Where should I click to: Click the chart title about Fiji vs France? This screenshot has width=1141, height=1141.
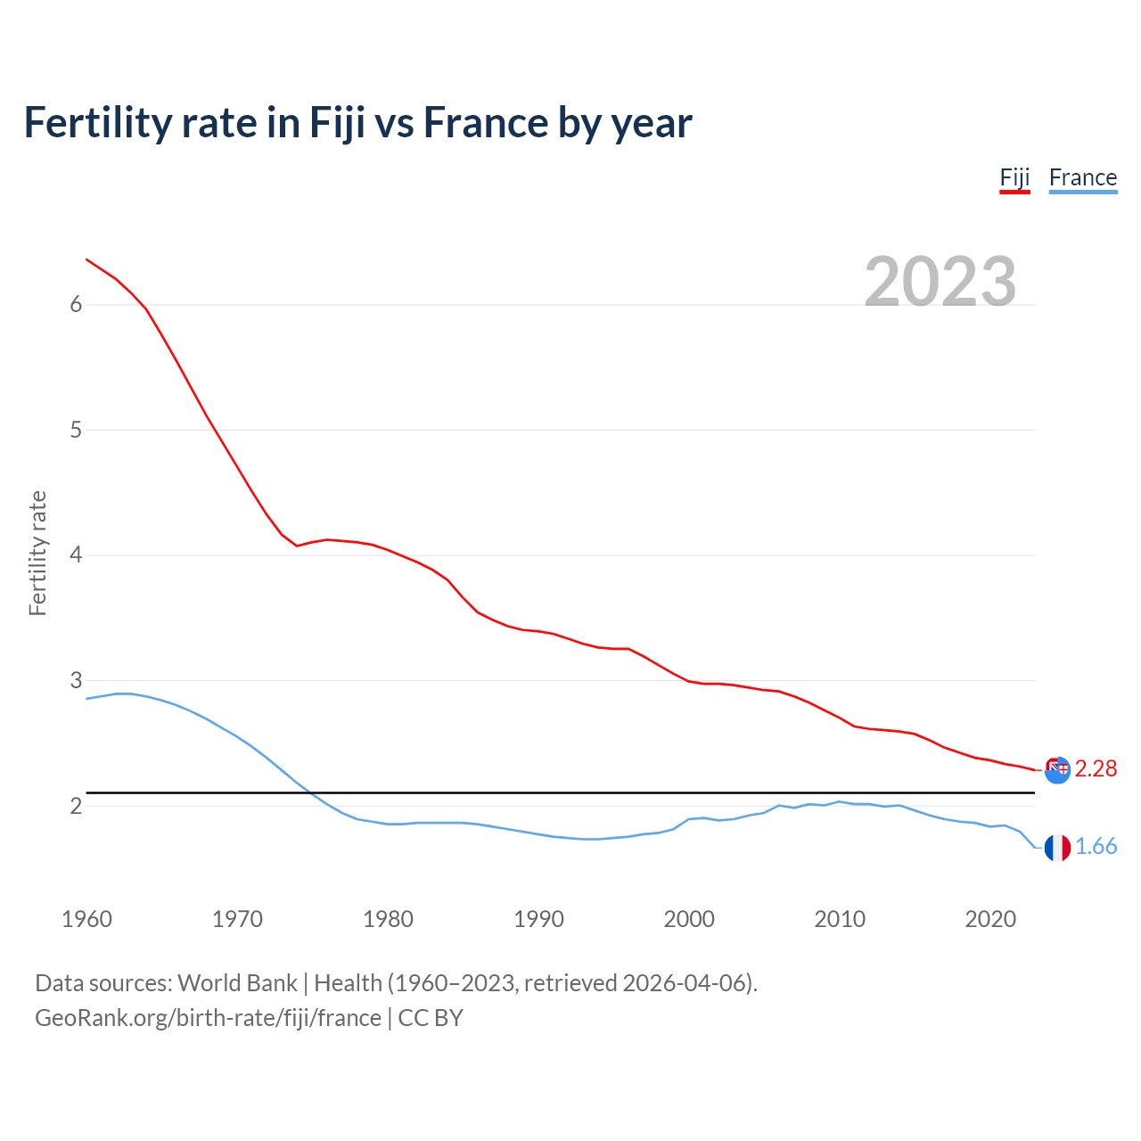click(357, 123)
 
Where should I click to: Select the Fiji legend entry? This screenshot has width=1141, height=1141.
click(1014, 177)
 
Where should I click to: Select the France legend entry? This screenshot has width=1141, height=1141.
click(1082, 177)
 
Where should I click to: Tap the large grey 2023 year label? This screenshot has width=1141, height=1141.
click(940, 282)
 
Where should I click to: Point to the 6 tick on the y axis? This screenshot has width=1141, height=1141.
click(76, 305)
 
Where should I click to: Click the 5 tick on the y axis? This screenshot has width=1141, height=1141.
click(76, 431)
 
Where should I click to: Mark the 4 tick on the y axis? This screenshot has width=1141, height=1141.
click(76, 555)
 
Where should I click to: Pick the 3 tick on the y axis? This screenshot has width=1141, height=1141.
click(76, 681)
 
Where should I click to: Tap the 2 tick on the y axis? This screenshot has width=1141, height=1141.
click(76, 806)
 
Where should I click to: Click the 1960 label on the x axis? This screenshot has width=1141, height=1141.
click(86, 919)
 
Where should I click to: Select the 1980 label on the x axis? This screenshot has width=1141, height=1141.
click(388, 919)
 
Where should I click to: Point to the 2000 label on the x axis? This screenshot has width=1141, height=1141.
click(689, 919)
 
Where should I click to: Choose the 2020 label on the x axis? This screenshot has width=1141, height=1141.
click(990, 919)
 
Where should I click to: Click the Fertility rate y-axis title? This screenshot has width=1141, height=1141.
click(37, 553)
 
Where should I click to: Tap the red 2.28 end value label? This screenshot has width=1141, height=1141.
click(1096, 768)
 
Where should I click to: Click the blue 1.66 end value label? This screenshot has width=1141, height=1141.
click(1096, 846)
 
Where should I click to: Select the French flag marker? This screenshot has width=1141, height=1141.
click(1057, 848)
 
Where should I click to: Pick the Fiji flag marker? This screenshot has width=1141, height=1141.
click(1057, 769)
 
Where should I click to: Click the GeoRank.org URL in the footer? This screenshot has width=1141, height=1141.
click(208, 1018)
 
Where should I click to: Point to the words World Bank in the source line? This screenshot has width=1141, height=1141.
click(237, 983)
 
